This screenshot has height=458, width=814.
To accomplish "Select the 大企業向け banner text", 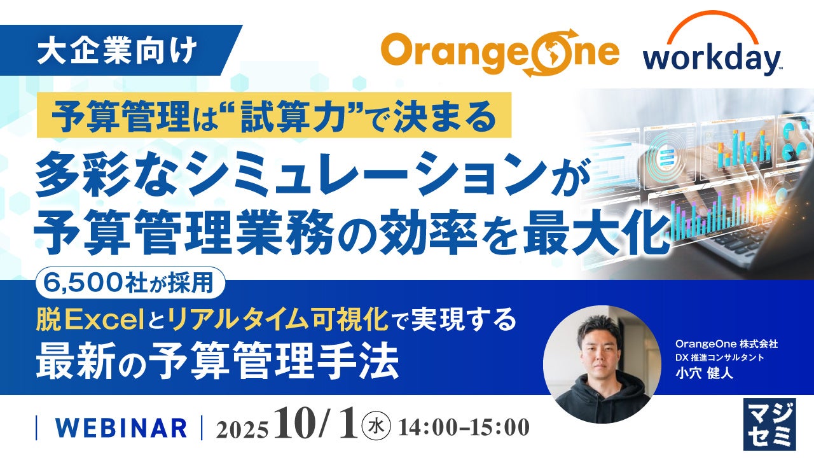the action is [x=117, y=50].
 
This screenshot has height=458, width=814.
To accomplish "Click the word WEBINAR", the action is [x=121, y=428].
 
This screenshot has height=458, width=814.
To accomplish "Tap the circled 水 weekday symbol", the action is [x=376, y=426].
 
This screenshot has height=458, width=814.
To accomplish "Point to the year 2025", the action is [x=242, y=429].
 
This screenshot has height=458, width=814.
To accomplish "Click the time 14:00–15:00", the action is [x=464, y=427].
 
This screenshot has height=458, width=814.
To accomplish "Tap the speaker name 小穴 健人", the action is [x=704, y=373].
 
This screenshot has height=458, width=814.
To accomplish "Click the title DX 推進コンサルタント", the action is [x=719, y=357].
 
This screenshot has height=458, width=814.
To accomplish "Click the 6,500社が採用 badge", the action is [x=130, y=283].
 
